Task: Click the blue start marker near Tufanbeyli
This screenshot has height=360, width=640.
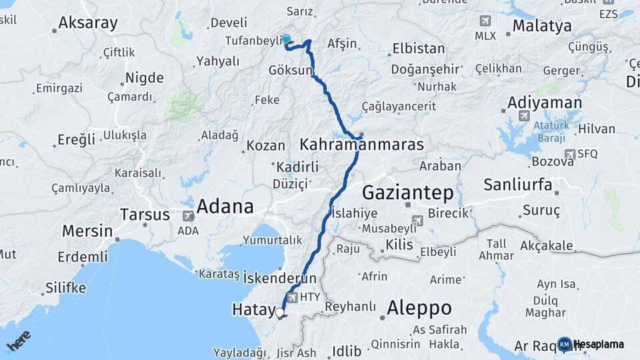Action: [286, 39]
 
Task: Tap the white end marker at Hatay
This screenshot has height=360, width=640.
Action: [280, 312]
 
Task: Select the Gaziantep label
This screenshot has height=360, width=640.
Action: [407, 193]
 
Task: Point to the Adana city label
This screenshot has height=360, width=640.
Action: [225, 205]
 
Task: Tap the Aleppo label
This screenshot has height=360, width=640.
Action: [419, 308]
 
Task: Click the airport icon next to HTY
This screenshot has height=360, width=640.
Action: [292, 297]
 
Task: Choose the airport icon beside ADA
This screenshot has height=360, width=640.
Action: [188, 216]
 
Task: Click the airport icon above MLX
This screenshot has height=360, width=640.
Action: [485, 21]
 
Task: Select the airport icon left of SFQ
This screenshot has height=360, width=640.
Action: [569, 154]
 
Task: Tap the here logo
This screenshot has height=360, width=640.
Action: [18, 341]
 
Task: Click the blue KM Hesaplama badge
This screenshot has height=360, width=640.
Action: [564, 344]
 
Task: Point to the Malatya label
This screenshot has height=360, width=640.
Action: [542, 26]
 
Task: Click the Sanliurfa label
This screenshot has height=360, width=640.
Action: [518, 184]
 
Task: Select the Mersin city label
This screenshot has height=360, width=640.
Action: [87, 231]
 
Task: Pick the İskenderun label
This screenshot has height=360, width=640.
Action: [279, 277]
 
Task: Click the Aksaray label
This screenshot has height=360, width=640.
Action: [88, 23]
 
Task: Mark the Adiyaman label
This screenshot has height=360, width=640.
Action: [544, 103]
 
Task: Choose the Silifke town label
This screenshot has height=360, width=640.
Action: [66, 288]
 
